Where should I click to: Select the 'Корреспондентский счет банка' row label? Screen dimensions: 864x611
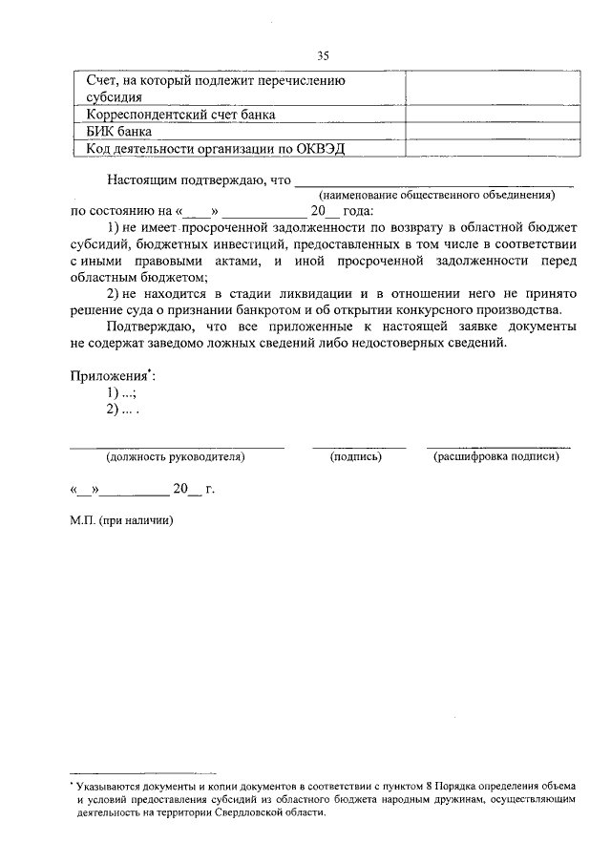pos(181,115)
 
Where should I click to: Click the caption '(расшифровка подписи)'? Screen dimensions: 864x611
pos(496,457)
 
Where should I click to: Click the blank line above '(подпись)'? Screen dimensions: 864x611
pos(359,446)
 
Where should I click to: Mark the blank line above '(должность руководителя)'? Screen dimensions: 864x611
pos(177,446)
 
